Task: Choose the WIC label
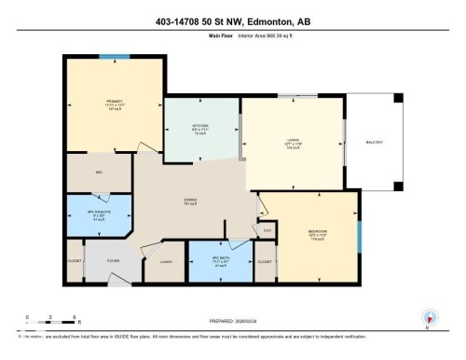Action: coord(98,172)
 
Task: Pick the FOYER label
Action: coord(114,261)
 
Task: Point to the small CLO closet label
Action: coord(267,229)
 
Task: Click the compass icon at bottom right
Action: coord(430,318)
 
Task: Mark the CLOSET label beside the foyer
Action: coord(75,261)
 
